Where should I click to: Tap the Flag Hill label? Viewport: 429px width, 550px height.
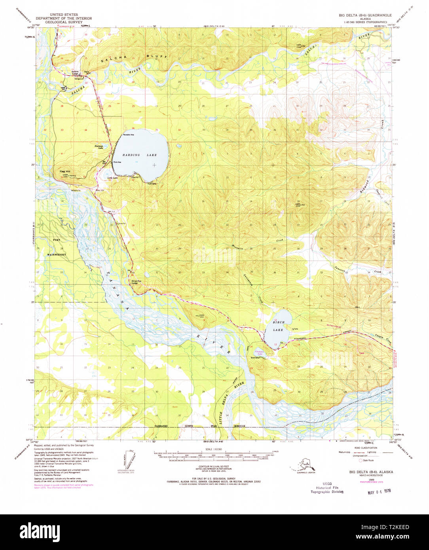[x=64, y=171]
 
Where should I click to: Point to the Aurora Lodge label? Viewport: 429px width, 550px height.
[x=75, y=73]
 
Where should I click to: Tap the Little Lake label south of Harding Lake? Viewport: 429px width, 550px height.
[x=112, y=178]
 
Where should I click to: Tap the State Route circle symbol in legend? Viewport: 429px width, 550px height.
[x=361, y=461]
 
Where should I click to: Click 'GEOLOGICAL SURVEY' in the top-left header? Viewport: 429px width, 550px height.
[x=64, y=22]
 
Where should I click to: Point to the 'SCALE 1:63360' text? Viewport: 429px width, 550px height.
[x=214, y=449]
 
